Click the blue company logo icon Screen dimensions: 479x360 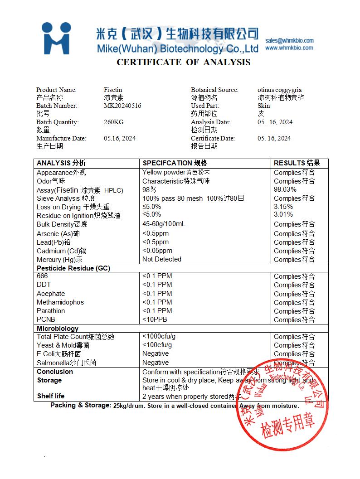[x=56, y=39]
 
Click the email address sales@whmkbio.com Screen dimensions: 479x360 [x=289, y=40]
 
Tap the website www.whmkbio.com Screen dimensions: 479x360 [x=289, y=48]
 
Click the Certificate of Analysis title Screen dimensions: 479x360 [x=183, y=63]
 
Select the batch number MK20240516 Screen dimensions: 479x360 [x=122, y=106]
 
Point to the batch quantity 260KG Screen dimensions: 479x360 [x=113, y=122]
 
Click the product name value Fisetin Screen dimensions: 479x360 [x=113, y=90]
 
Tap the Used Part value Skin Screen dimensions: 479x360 [x=263, y=106]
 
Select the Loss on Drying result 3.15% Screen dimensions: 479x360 [x=283, y=207]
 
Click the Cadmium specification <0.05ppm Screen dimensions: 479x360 [x=157, y=251]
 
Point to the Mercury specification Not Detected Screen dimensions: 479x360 [x=162, y=259]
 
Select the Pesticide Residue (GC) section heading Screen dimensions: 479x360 [x=73, y=268]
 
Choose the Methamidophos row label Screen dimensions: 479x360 [x=60, y=302]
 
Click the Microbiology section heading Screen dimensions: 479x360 [x=58, y=329]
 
